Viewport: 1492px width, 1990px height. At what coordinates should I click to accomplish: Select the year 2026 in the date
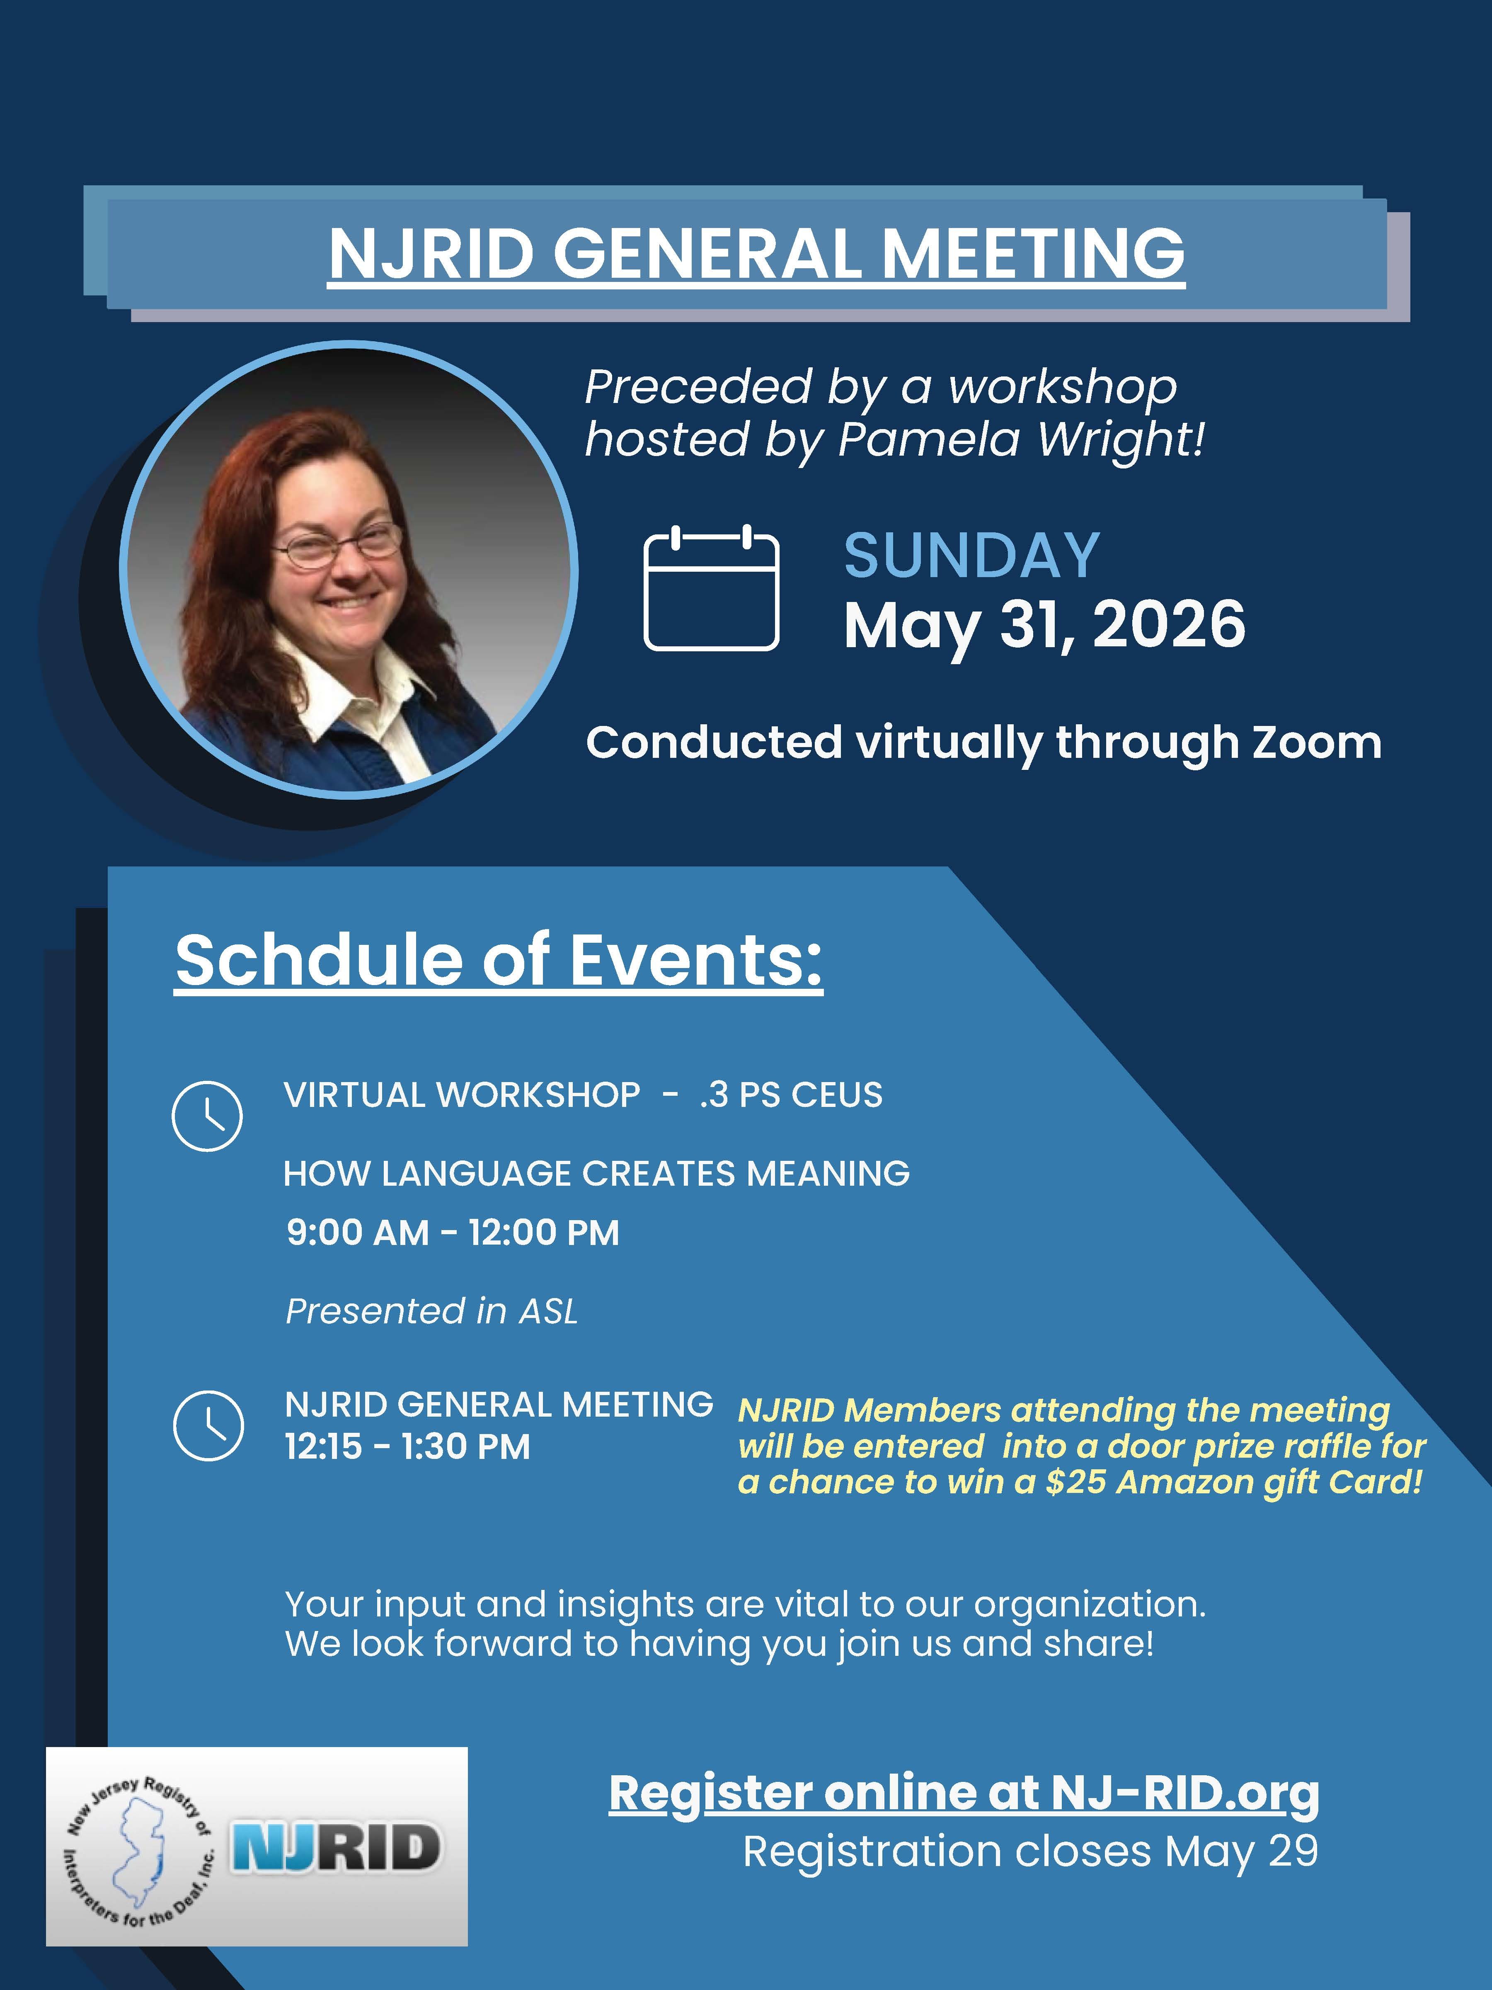tap(1169, 624)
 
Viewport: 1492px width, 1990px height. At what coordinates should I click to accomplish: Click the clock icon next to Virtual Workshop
tap(207, 1116)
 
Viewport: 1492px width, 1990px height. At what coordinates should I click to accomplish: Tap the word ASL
tap(549, 1312)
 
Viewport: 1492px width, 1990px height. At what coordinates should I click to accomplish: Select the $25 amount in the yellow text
tap(1075, 1482)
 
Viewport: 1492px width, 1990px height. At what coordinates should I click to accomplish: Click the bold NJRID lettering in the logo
tap(335, 1847)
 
